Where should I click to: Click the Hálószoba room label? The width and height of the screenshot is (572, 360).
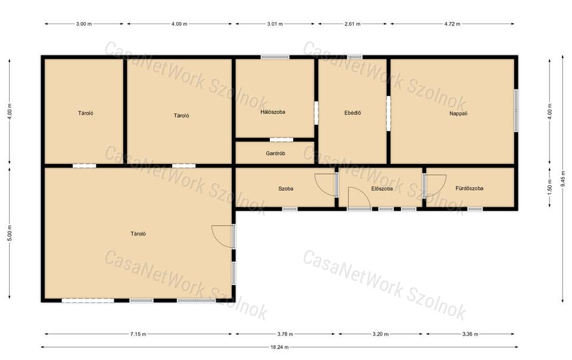[x=273, y=112]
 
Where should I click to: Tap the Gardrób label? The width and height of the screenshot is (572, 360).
[x=275, y=154]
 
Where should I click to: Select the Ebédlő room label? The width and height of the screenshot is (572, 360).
[x=352, y=113]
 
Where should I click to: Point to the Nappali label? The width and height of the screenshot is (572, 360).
[x=458, y=113]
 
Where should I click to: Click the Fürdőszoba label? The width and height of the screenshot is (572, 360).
[x=470, y=188]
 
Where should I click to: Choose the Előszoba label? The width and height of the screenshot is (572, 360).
[x=382, y=188]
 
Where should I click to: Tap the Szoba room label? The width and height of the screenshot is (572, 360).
[x=285, y=188]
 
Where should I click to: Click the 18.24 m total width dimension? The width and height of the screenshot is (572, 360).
[x=279, y=347]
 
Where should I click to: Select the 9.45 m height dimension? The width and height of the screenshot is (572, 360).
[x=563, y=179]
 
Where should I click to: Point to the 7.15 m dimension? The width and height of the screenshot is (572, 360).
[x=138, y=334]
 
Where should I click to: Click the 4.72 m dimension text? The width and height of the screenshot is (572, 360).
[x=452, y=24]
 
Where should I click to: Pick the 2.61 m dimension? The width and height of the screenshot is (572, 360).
[x=352, y=24]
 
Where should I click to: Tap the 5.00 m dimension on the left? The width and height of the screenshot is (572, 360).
[x=10, y=232]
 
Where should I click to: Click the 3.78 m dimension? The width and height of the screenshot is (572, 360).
[x=285, y=334]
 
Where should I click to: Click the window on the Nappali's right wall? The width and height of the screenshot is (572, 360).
[x=516, y=110]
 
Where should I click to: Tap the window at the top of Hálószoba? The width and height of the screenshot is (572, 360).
[x=275, y=57]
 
